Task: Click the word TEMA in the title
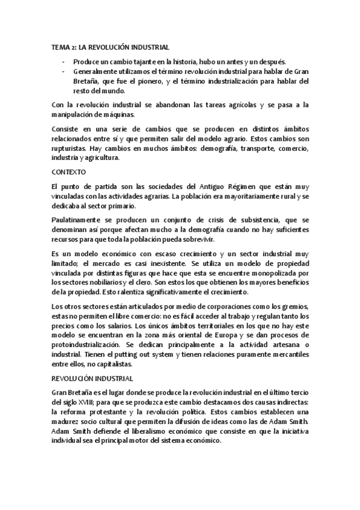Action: pos(61,46)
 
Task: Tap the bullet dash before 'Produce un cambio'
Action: pos(64,62)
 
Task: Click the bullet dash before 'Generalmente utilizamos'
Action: pos(64,72)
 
